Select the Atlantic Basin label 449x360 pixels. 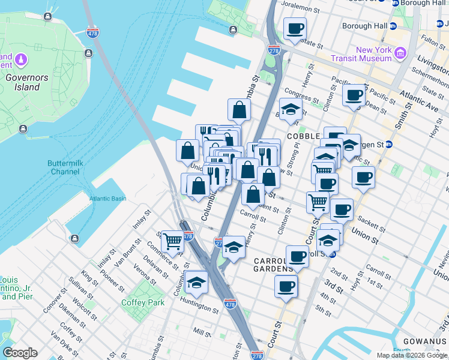pyautogui.click(x=108, y=199)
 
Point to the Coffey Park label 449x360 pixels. pyautogui.click(x=143, y=302)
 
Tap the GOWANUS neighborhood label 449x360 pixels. pyautogui.click(x=426, y=341)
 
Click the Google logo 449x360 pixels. pyautogui.click(x=20, y=353)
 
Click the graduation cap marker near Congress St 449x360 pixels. pyautogui.click(x=291, y=109)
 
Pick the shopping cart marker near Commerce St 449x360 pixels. pyautogui.click(x=172, y=241)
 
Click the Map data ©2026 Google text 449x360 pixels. pyautogui.click(x=412, y=355)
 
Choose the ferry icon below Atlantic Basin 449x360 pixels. pyautogui.click(x=74, y=239)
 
